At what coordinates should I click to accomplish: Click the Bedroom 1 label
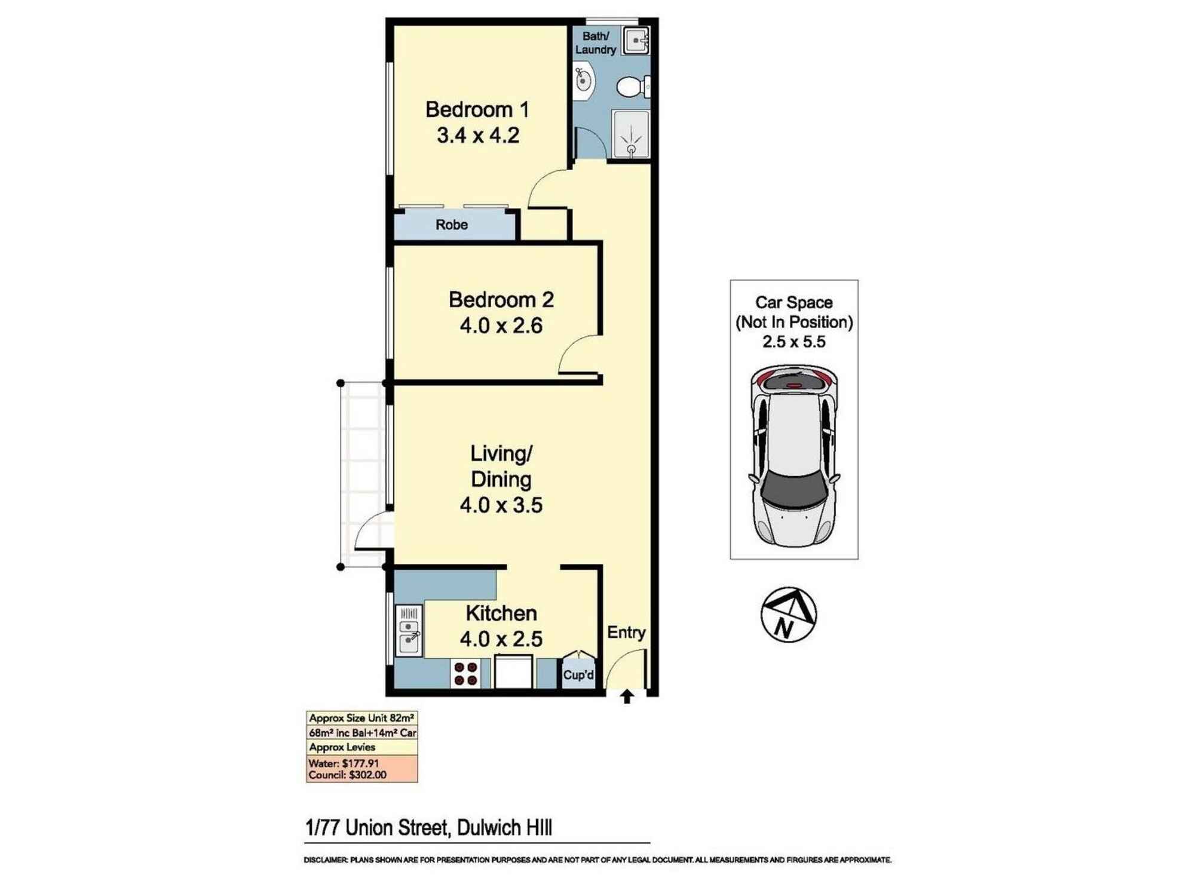coord(477,110)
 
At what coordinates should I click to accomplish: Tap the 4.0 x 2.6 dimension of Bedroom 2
coord(501,326)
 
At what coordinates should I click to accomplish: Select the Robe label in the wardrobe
coord(451,225)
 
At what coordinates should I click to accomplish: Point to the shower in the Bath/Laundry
coord(630,135)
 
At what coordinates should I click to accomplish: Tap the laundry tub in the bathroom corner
coord(636,41)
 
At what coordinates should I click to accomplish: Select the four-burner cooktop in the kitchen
coord(466,674)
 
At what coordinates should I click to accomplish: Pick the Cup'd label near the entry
coord(578,675)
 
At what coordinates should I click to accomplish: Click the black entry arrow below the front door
coord(627,696)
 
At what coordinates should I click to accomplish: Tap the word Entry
coord(626,632)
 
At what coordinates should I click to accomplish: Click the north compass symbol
coord(788,615)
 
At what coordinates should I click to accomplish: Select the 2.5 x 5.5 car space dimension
coord(793,342)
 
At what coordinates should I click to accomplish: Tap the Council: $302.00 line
coord(347,775)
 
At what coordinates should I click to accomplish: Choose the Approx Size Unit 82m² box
coord(361,718)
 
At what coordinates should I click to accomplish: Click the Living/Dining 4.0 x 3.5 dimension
coord(501,505)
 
